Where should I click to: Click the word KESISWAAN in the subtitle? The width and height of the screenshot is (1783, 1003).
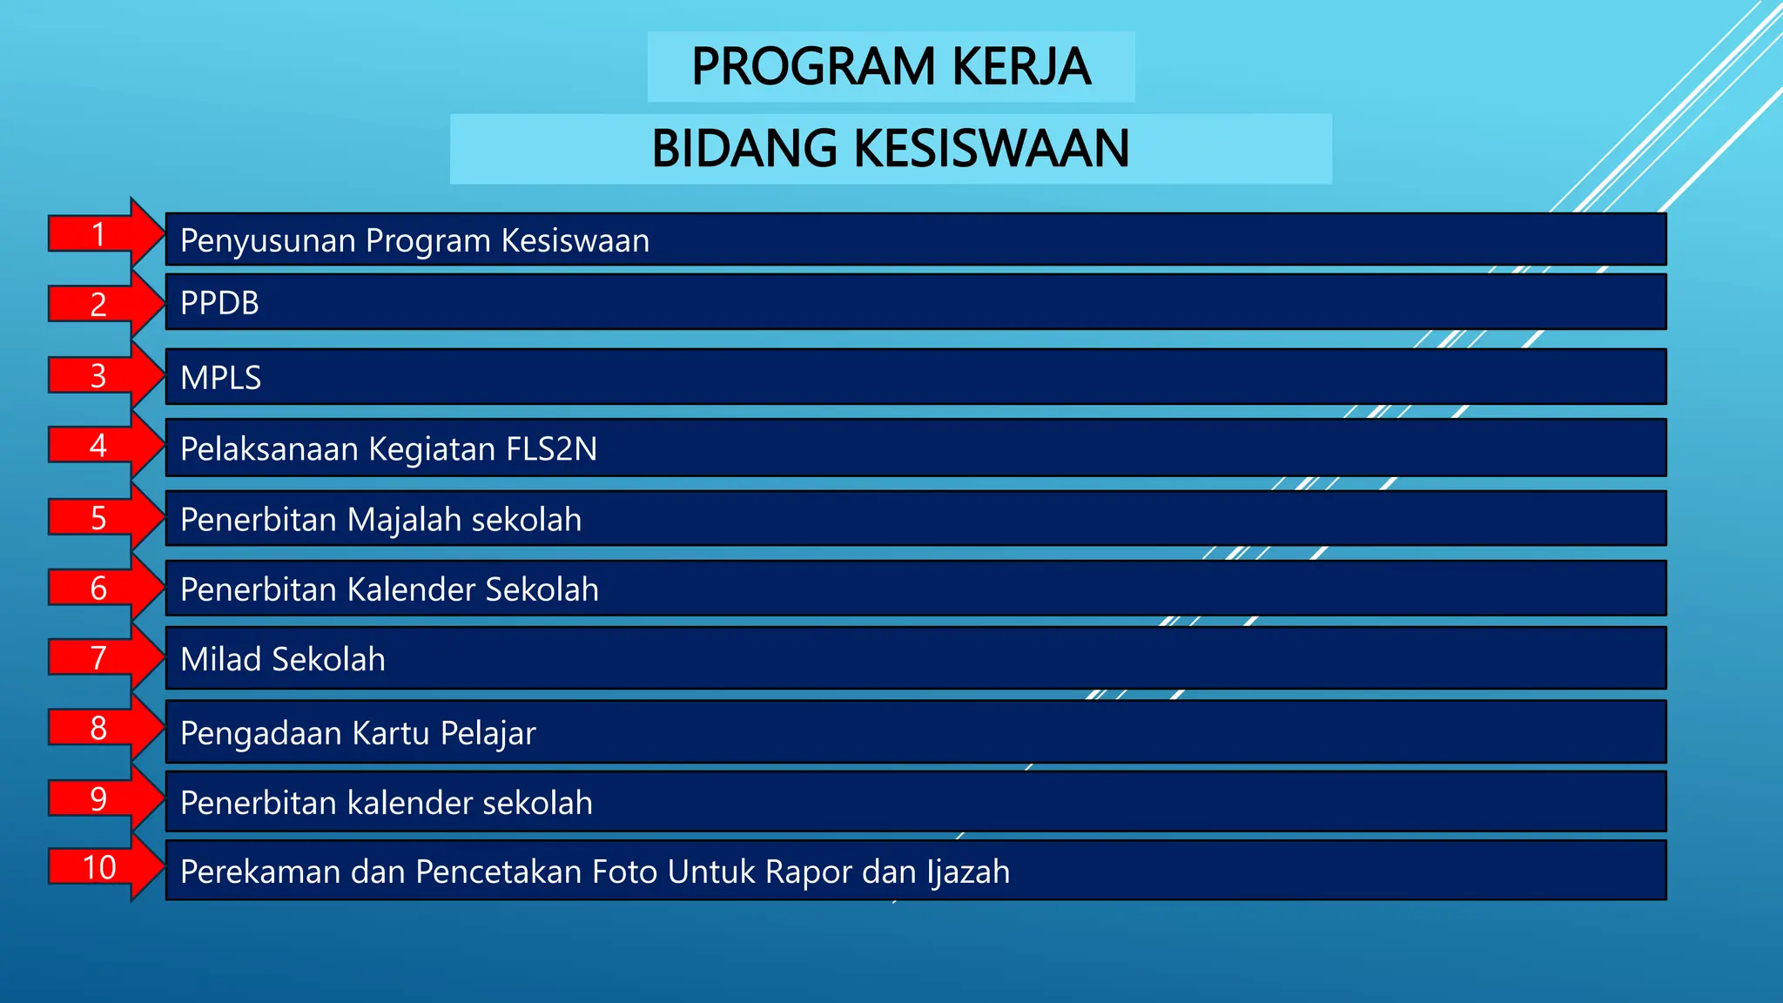pyautogui.click(x=992, y=148)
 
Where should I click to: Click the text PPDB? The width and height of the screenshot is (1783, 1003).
pyautogui.click(x=219, y=303)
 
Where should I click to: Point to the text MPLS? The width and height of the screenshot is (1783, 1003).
pyautogui.click(x=220, y=378)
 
